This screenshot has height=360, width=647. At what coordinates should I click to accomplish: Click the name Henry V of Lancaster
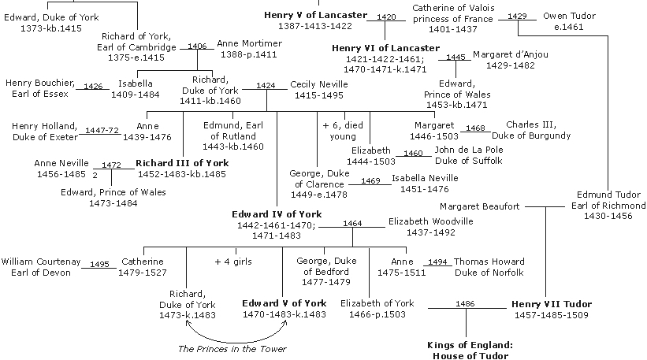(x=315, y=15)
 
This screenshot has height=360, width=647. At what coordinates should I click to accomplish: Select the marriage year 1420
(x=386, y=17)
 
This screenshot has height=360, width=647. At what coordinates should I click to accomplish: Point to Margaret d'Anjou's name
(x=510, y=54)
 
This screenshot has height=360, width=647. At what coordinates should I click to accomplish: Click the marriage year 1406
(x=197, y=46)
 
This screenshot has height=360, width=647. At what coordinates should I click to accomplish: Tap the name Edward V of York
(x=283, y=303)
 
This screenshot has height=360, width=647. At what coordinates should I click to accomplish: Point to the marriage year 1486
(x=465, y=303)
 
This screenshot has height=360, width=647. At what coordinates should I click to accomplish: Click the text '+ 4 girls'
(x=233, y=262)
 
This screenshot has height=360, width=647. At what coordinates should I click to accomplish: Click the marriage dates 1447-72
(x=102, y=130)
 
